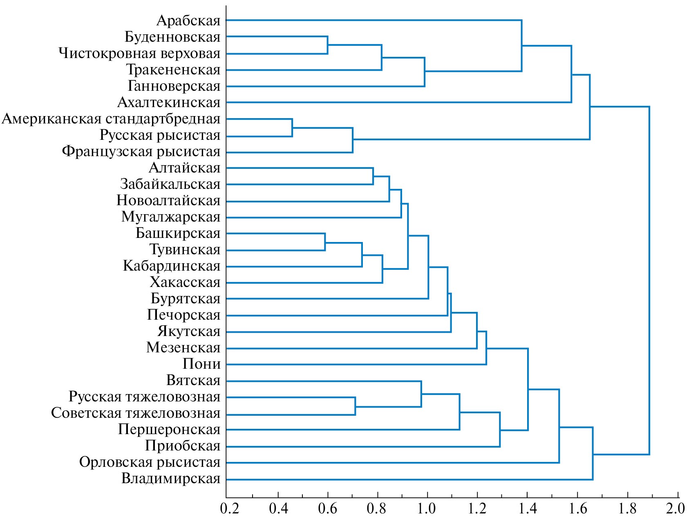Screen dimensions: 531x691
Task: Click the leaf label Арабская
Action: [x=188, y=20]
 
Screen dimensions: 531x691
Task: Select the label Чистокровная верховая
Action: [x=139, y=54]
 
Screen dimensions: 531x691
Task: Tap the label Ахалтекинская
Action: [x=169, y=102]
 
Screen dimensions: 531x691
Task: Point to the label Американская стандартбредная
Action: [x=111, y=119]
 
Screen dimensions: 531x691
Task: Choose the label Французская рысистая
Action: [x=141, y=152]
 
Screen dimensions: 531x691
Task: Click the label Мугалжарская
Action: [x=171, y=217]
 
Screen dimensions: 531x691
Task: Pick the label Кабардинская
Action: [x=172, y=266]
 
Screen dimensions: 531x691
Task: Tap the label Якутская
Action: [x=189, y=332]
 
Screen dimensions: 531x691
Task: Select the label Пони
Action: [x=201, y=364]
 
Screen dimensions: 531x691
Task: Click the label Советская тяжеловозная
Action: [x=136, y=413]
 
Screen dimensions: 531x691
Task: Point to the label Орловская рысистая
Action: [x=150, y=462]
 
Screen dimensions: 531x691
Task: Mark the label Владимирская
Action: [x=171, y=479]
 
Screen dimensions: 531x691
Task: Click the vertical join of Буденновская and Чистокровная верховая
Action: [x=327, y=45]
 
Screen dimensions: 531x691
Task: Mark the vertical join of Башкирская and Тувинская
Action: [x=325, y=242]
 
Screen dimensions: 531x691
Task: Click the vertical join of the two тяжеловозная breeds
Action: [x=355, y=406]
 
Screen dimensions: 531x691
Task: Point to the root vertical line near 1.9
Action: [x=649, y=280]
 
